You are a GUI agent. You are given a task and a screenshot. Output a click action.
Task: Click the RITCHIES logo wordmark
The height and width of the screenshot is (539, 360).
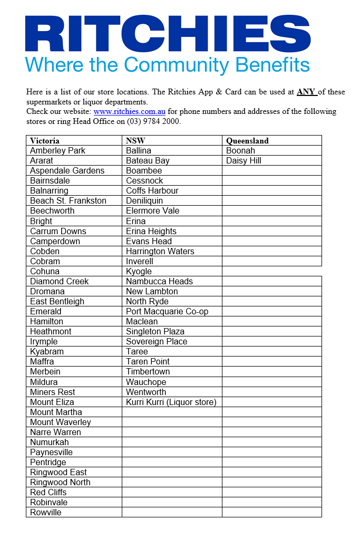[x=168, y=33]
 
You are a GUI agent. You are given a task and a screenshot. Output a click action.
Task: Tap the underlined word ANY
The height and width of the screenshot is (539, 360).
[x=306, y=92]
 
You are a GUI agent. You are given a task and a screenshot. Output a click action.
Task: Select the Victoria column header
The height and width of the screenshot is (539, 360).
[x=45, y=141]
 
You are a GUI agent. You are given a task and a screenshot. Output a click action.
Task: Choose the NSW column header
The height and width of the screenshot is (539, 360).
[x=135, y=141]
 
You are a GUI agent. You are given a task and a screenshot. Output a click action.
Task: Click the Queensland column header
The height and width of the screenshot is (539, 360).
[x=247, y=141]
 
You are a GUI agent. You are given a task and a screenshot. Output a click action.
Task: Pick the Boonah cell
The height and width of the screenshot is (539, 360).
[x=240, y=151]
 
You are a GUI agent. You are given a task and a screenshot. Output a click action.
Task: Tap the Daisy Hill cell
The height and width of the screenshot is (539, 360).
[x=244, y=161]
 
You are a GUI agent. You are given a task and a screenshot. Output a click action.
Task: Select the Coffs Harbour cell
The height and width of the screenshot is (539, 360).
[x=152, y=191]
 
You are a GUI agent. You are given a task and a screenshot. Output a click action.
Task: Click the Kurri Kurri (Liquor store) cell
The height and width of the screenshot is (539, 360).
[x=171, y=402]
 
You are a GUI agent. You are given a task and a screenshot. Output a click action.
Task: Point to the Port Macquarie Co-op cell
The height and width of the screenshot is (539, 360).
[x=167, y=312]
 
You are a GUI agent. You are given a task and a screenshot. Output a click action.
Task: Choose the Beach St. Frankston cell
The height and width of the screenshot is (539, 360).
[x=68, y=201]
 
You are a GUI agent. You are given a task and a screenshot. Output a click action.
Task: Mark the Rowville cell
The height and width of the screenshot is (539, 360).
[x=46, y=513]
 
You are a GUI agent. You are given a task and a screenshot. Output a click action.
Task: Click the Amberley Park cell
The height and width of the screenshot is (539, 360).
[x=57, y=151]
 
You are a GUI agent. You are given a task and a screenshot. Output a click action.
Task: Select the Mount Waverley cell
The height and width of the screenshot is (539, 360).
[x=60, y=422]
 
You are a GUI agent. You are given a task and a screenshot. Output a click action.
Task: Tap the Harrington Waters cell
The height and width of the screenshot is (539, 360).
[x=160, y=252]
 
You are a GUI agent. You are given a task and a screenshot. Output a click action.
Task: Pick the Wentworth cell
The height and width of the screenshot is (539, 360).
[x=146, y=392]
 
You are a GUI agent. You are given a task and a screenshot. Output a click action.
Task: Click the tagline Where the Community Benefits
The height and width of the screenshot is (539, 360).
[x=168, y=65]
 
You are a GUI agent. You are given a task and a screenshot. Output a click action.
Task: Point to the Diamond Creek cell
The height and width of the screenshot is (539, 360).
[x=60, y=282]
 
